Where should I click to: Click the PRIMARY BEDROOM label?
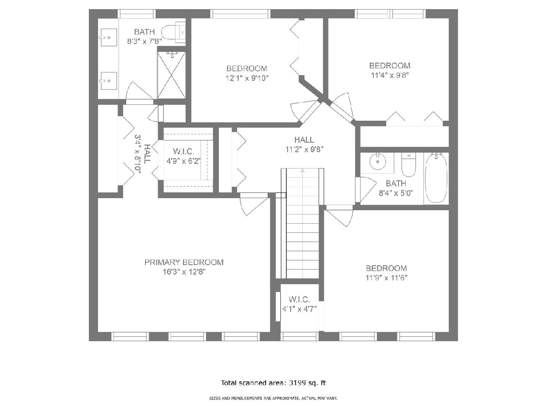[x=184, y=262]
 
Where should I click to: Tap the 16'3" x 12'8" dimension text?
[x=184, y=272]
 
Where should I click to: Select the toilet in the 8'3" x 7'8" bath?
[x=174, y=32]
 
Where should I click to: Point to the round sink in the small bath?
[x=378, y=162]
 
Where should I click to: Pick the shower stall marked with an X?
[x=171, y=75]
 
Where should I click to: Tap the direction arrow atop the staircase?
[x=303, y=170]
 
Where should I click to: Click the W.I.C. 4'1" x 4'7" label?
[x=299, y=304]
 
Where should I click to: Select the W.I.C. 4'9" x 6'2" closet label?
[x=184, y=156]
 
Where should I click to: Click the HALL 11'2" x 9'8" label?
[x=304, y=144]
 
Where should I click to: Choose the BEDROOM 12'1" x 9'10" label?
[x=247, y=73]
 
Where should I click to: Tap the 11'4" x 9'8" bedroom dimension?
[x=390, y=75]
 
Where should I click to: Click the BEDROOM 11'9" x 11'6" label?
[x=386, y=273]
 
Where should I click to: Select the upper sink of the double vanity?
[x=108, y=37]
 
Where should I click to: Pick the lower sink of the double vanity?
[x=108, y=81]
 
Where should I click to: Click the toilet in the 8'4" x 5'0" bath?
[x=408, y=164]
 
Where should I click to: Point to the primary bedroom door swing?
[x=253, y=204]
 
